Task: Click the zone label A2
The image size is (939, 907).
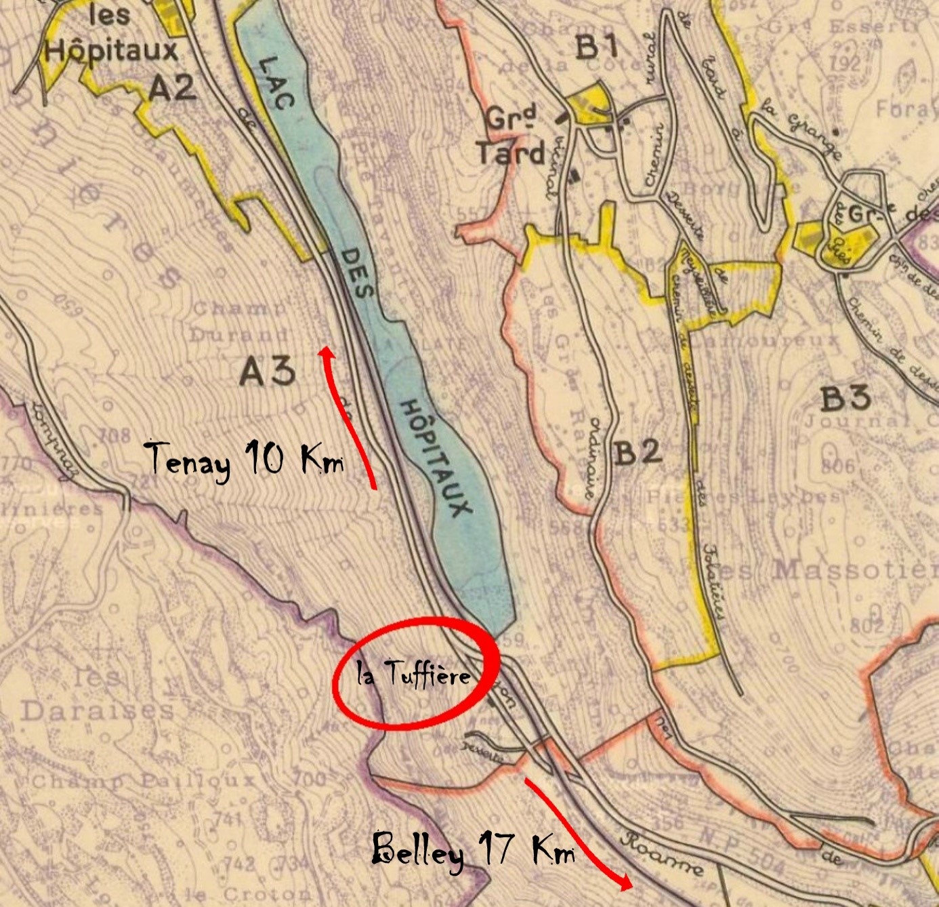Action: tap(172, 87)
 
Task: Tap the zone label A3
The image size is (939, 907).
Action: tap(267, 371)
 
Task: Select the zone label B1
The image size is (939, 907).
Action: tap(597, 47)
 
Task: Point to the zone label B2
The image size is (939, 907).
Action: tap(638, 452)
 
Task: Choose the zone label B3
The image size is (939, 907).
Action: tap(845, 399)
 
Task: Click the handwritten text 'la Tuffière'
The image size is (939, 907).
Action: tap(413, 674)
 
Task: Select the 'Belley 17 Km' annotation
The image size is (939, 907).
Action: tap(473, 849)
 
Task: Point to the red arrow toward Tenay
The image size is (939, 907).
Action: tap(348, 414)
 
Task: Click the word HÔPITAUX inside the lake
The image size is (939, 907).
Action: tap(435, 458)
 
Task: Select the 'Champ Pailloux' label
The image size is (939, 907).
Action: tap(142, 781)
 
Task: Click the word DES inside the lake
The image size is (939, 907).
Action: tap(356, 273)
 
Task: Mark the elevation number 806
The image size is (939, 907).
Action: tap(838, 467)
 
